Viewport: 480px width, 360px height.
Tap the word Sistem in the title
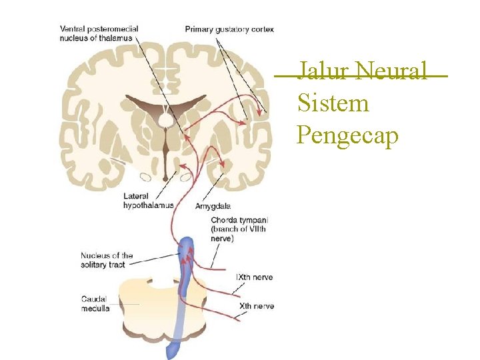(333, 103)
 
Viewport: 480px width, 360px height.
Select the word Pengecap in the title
(347, 135)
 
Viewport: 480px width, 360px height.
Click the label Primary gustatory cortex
(229, 29)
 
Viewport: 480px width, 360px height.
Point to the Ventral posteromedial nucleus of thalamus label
(99, 33)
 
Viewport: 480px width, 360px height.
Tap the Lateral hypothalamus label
(148, 201)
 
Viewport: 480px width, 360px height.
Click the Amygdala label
(213, 206)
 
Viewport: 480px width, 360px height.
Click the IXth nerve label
(255, 277)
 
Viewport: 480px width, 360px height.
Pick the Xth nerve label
(256, 306)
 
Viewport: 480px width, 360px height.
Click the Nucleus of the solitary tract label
(107, 260)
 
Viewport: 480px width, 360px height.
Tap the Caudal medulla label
(95, 303)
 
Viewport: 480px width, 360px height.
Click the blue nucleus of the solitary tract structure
(185, 260)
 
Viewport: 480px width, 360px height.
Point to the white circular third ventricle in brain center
(165, 119)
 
